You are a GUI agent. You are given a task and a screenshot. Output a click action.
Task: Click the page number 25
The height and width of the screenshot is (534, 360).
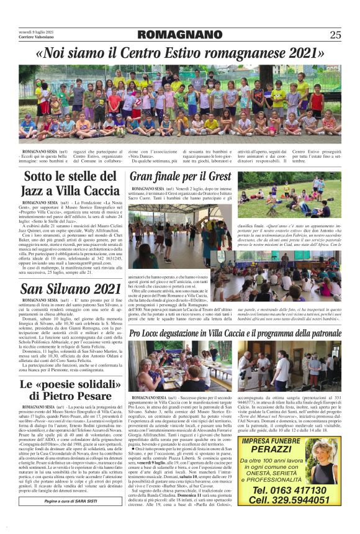pyautogui.click(x=335, y=34)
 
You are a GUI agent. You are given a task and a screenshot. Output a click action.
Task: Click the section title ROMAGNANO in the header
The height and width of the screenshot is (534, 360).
pyautogui.click(x=179, y=34)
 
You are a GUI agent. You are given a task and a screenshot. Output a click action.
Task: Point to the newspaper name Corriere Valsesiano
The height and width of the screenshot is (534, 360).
pyautogui.click(x=38, y=38)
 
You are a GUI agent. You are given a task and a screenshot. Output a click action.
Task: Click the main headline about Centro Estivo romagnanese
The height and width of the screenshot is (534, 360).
pyautogui.click(x=180, y=53)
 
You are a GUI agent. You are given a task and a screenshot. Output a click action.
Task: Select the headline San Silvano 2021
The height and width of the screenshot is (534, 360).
pyautogui.click(x=71, y=287)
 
